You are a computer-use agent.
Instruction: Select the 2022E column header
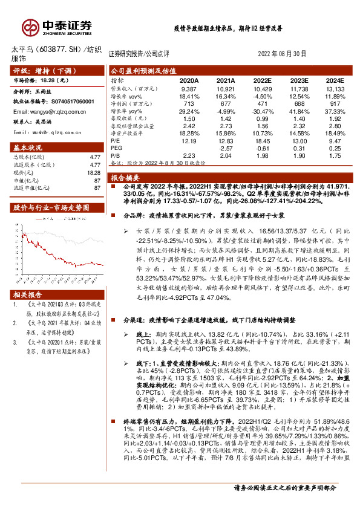262,79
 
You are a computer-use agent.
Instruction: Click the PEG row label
117,148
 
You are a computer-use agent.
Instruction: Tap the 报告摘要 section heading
125,178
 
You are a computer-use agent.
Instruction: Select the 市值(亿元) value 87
96,180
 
